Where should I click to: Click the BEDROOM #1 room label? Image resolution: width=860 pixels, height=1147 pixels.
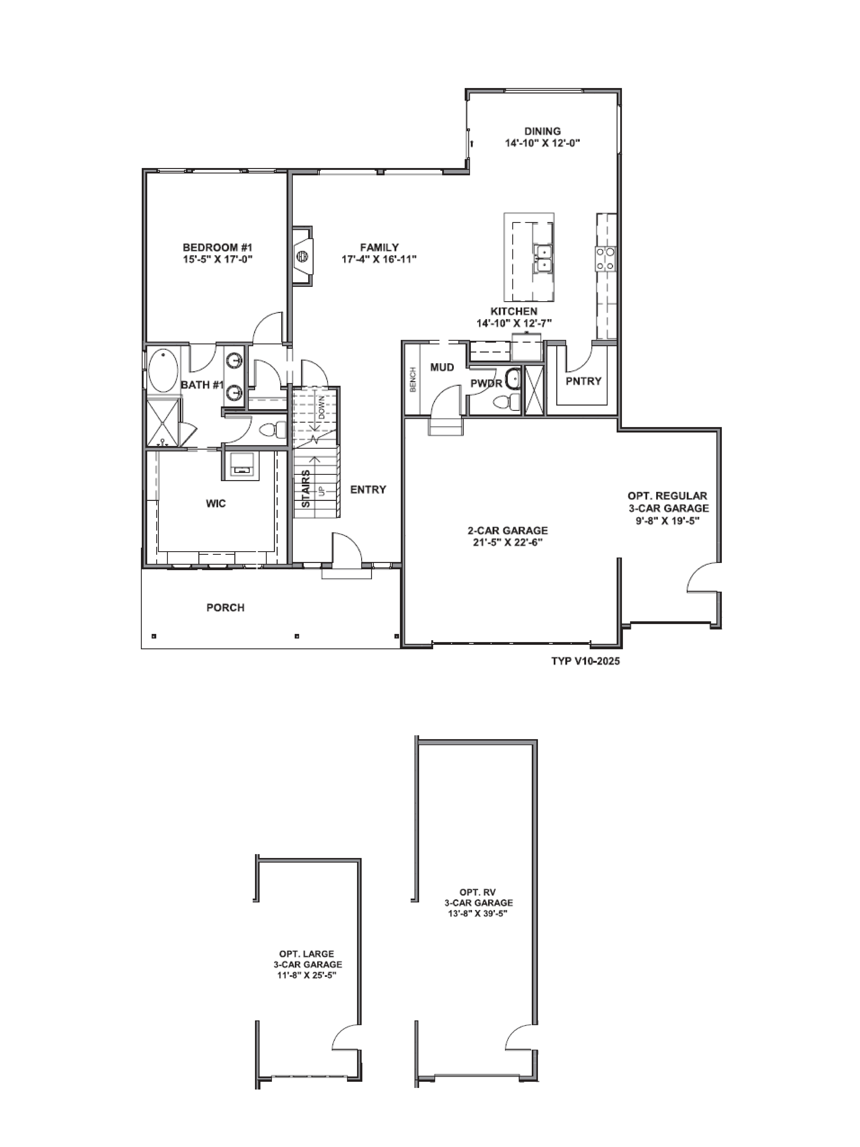click(x=217, y=247)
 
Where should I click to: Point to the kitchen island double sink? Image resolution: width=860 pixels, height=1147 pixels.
click(x=543, y=258)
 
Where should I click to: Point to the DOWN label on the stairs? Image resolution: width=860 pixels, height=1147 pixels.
click(x=321, y=407)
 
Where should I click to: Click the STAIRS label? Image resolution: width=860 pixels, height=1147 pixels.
click(x=306, y=488)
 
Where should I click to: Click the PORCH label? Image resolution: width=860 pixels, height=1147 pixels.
click(x=225, y=607)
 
